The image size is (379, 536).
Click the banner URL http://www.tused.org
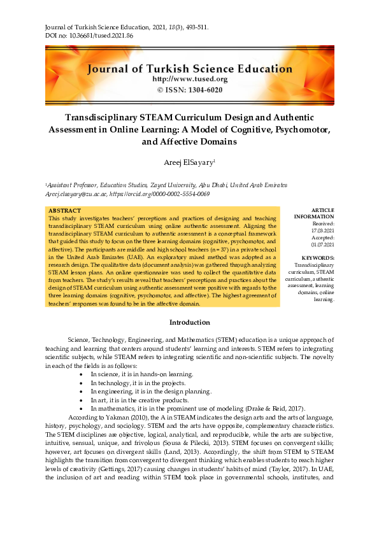click(x=189, y=79)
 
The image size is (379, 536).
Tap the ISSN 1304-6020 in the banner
click(x=189, y=90)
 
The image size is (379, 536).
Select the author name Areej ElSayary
click(x=188, y=164)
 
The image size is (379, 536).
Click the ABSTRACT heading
click(x=65, y=211)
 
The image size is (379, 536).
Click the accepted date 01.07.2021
click(x=322, y=244)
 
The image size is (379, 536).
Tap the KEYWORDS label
click(x=320, y=258)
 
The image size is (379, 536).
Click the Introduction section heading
click(x=189, y=323)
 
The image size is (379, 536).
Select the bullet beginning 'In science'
click(x=132, y=374)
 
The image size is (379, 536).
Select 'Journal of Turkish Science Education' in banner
click(x=189, y=68)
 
